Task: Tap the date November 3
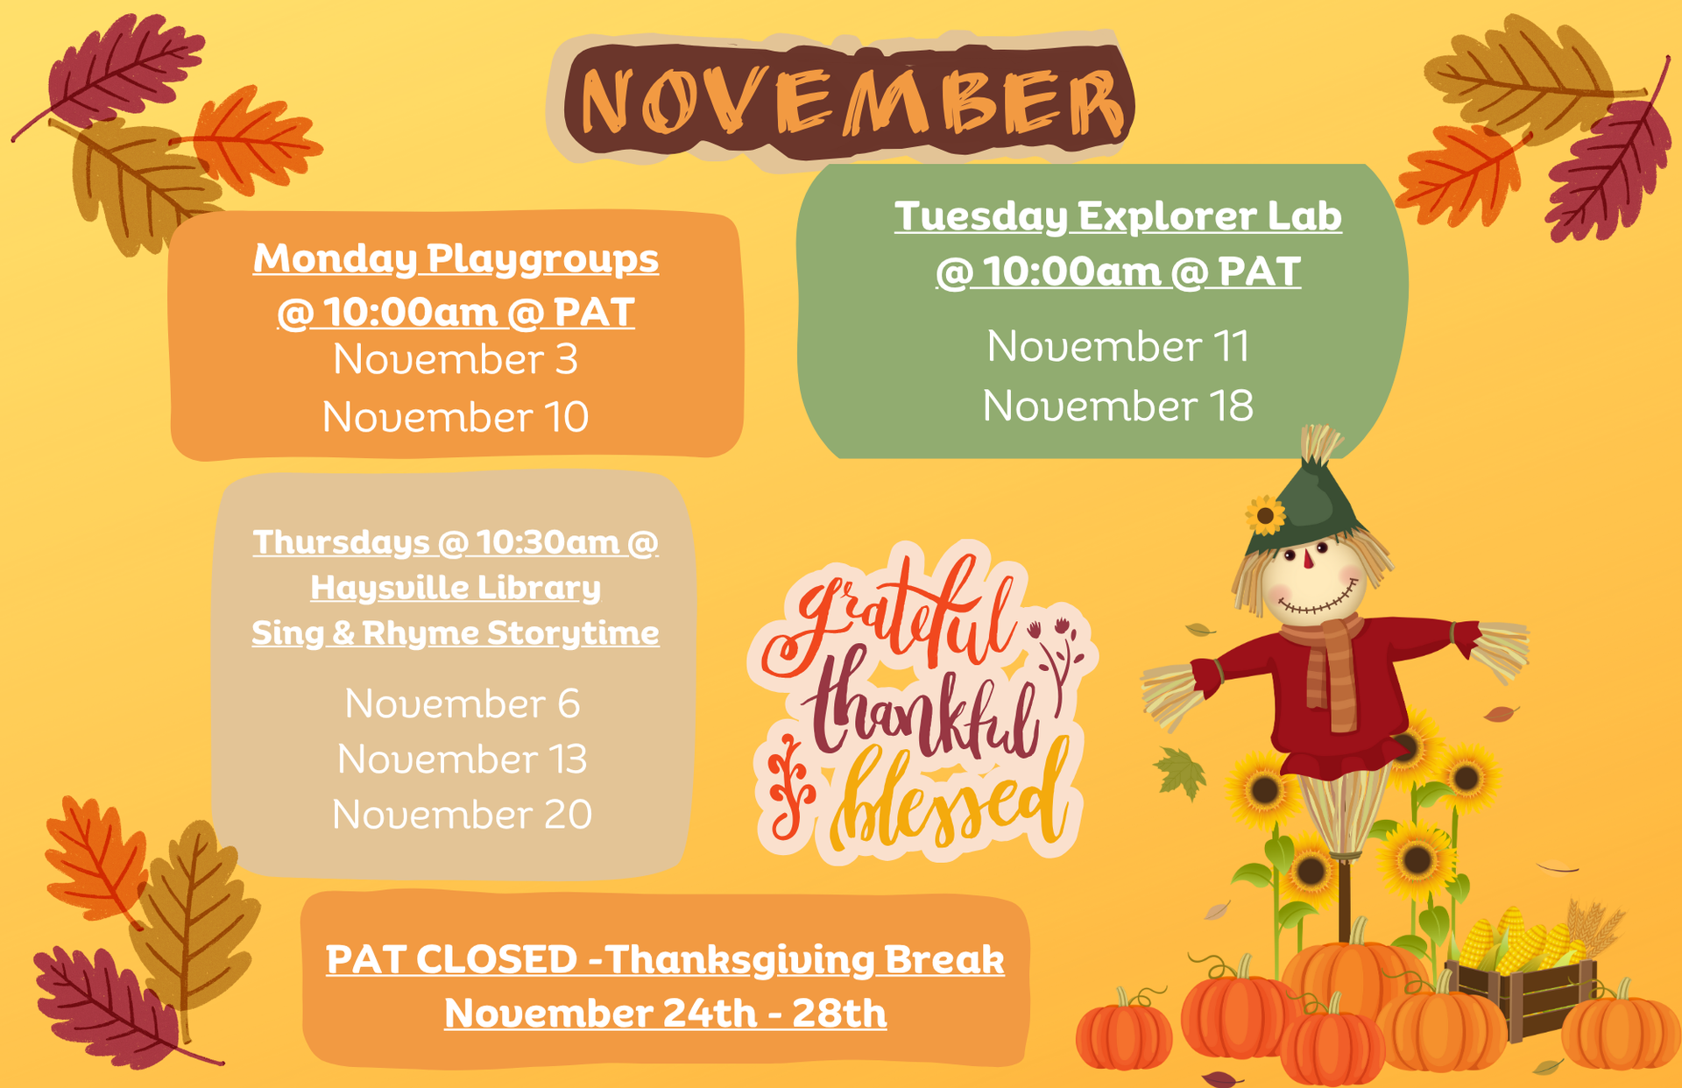tap(456, 359)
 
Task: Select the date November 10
tap(456, 417)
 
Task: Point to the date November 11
tap(1118, 346)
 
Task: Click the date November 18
tap(1118, 406)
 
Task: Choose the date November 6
tap(462, 703)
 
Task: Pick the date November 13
tap(462, 759)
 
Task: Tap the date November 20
tap(462, 815)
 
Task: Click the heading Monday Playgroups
tap(456, 258)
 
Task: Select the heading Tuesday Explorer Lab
tap(1118, 216)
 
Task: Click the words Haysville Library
tap(456, 587)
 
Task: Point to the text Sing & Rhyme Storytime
tap(456, 632)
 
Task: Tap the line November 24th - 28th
tap(665, 1014)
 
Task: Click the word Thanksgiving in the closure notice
tap(740, 959)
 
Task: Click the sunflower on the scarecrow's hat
tap(1265, 515)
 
